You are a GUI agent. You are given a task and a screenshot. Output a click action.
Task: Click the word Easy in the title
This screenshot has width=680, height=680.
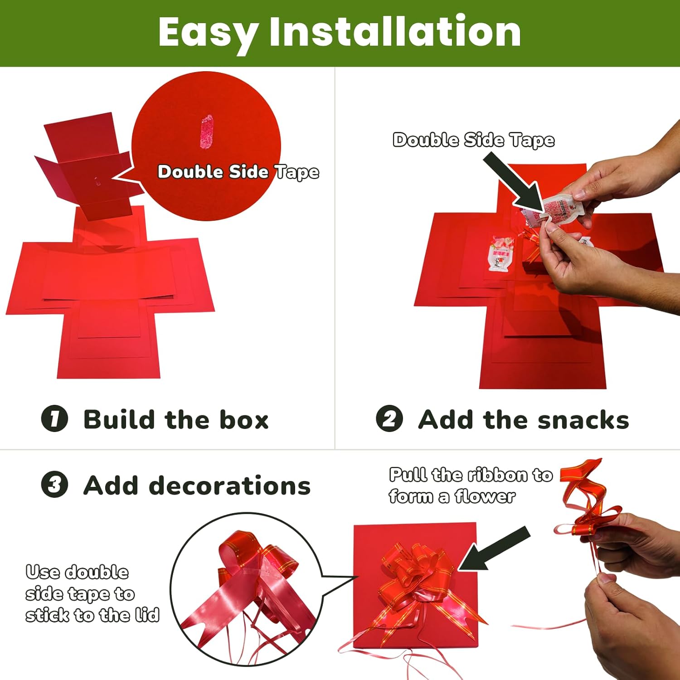pos(208,33)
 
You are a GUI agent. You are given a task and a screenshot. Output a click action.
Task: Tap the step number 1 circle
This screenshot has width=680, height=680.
pos(54,418)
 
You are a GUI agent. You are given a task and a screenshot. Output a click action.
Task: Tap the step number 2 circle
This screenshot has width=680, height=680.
pos(389,418)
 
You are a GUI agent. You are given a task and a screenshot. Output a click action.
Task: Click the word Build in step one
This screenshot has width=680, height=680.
pos(119,419)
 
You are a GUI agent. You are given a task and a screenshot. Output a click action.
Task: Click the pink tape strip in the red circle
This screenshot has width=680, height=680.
pos(206,131)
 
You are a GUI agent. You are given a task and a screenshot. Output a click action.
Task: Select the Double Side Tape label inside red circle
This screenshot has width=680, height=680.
pos(238,172)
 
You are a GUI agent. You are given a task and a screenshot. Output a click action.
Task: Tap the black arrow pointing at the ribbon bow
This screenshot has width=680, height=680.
pos(494,549)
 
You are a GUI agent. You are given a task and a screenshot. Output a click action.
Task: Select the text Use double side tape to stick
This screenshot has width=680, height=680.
pos(92,594)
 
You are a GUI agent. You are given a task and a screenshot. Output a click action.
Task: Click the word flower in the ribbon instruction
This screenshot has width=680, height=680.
pos(485,497)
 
